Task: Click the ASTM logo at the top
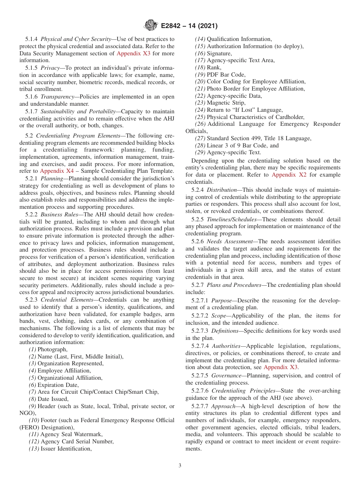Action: tap(151, 26)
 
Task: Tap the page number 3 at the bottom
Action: tap(180, 465)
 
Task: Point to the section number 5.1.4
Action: tap(32, 39)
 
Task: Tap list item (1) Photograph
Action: tap(48, 349)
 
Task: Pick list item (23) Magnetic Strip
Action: tap(220, 103)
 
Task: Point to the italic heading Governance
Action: tap(226, 376)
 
